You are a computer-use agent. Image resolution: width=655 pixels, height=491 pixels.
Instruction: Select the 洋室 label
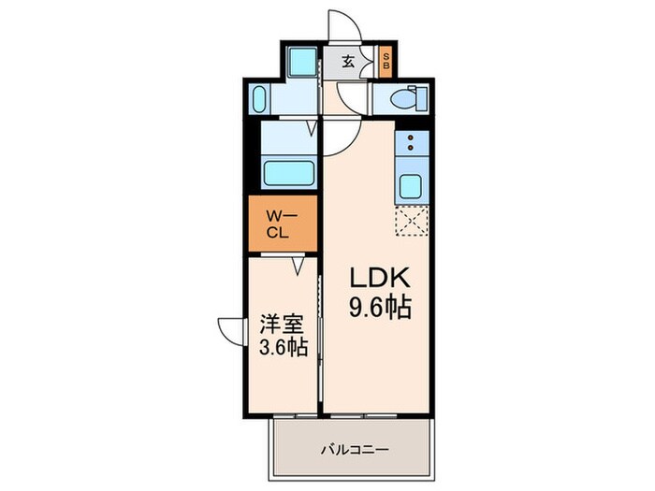pyautogui.click(x=283, y=328)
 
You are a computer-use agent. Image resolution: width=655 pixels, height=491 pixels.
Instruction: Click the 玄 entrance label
pyautogui.click(x=348, y=62)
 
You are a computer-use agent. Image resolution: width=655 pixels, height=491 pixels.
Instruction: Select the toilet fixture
pyautogui.click(x=405, y=97)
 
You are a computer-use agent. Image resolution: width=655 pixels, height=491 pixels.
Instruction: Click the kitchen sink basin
pyautogui.click(x=412, y=183)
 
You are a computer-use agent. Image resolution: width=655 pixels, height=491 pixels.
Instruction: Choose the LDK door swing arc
pyautogui.click(x=337, y=137)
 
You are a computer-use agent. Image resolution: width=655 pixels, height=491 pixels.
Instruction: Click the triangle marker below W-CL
pyautogui.click(x=298, y=266)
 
